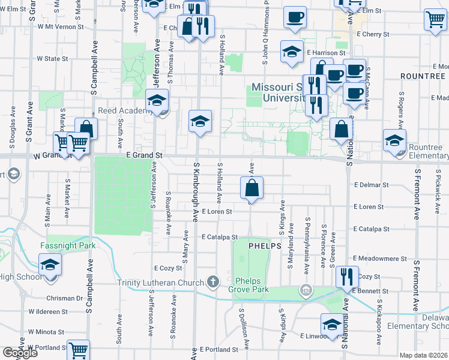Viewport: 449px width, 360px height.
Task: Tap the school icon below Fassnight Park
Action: tap(50, 264)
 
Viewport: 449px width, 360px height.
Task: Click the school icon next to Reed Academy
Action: tap(157, 100)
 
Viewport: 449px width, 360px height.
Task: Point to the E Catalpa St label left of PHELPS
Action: tap(220, 237)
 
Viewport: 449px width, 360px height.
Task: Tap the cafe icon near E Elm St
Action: tap(294, 17)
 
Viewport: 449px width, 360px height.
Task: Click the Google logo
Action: tap(20, 353)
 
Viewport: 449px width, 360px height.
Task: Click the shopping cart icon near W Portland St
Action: tap(78, 350)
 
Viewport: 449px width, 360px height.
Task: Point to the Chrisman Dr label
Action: tap(63, 298)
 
